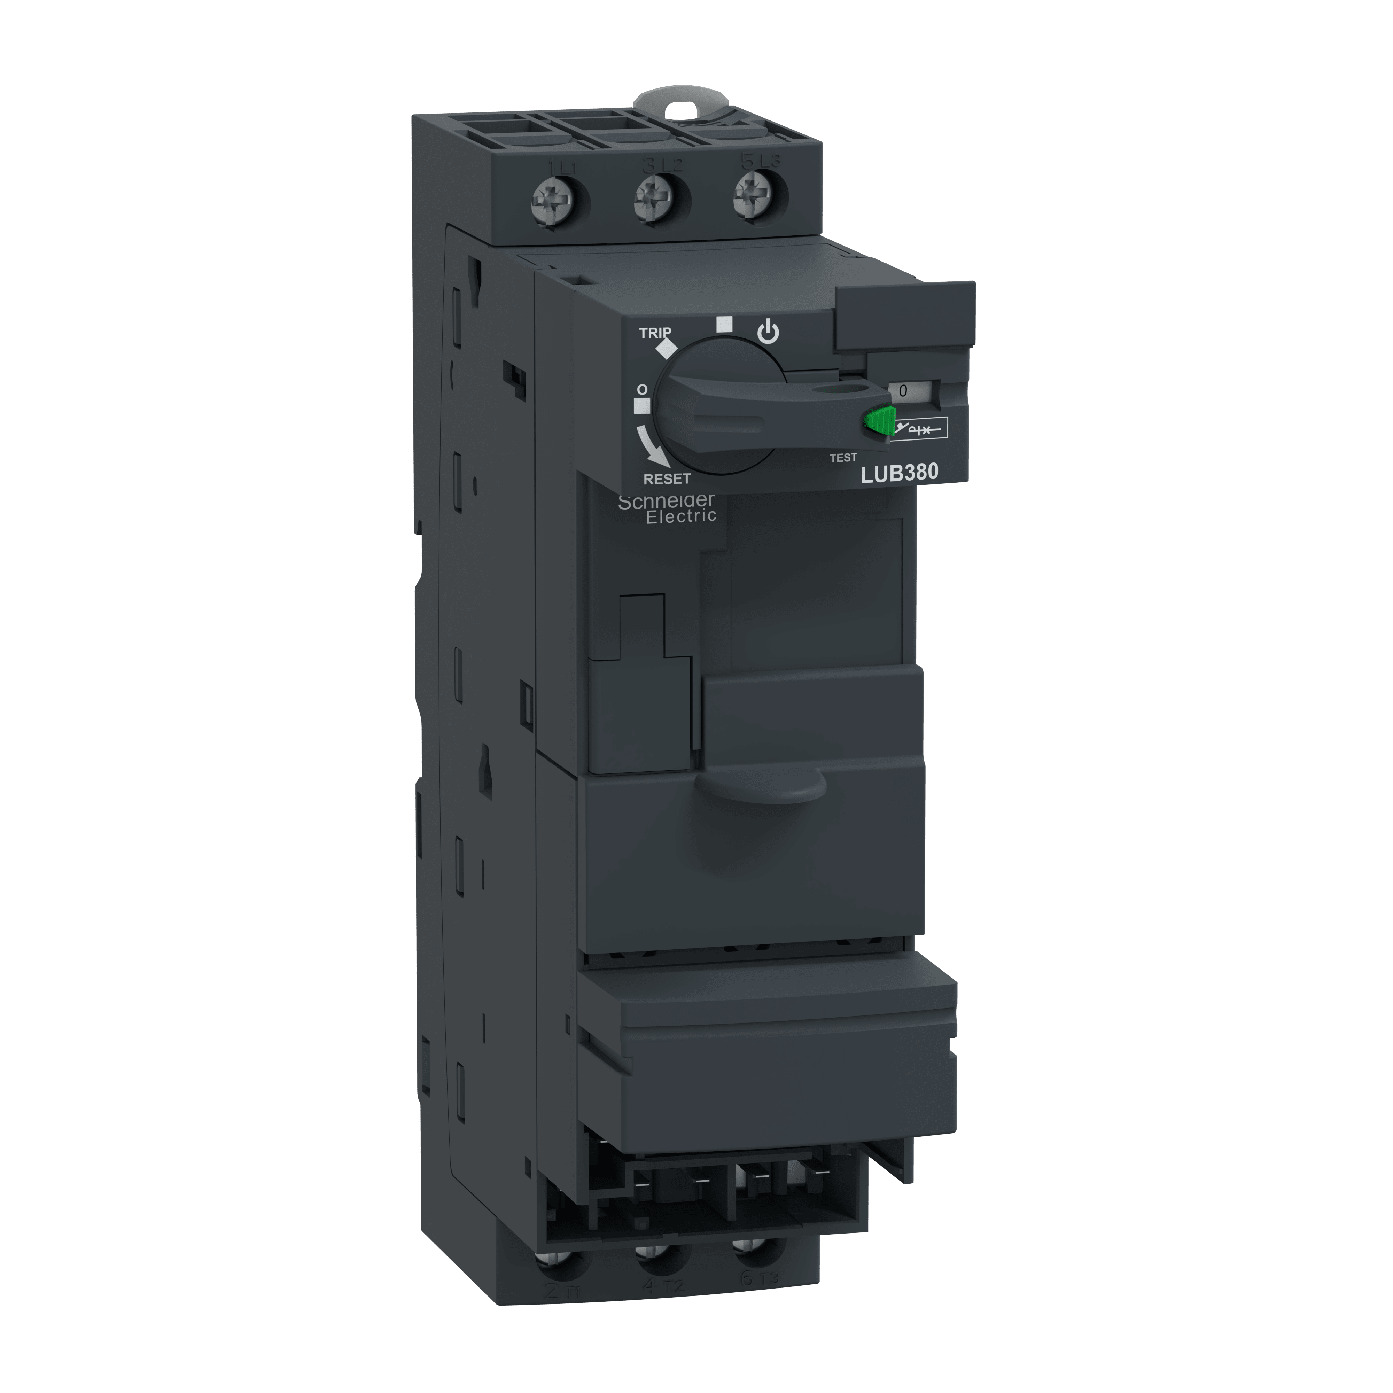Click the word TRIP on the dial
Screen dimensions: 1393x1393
coord(655,333)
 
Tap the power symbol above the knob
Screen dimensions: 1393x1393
coord(769,333)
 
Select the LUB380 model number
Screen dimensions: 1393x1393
coord(900,472)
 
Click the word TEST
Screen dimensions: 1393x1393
coord(843,457)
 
